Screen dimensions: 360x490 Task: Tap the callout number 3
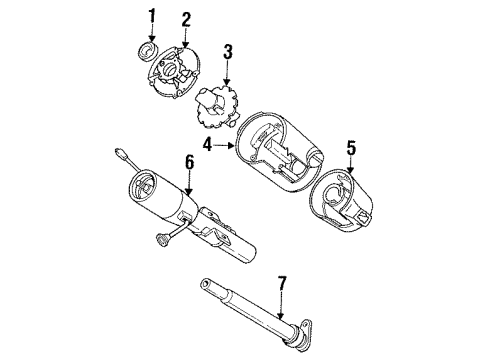click(227, 51)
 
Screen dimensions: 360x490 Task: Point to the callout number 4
click(208, 145)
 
